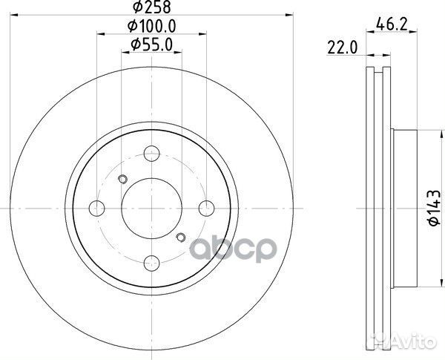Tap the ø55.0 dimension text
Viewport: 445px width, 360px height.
point(152,45)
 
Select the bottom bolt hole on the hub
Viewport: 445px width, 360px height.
point(151,261)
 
